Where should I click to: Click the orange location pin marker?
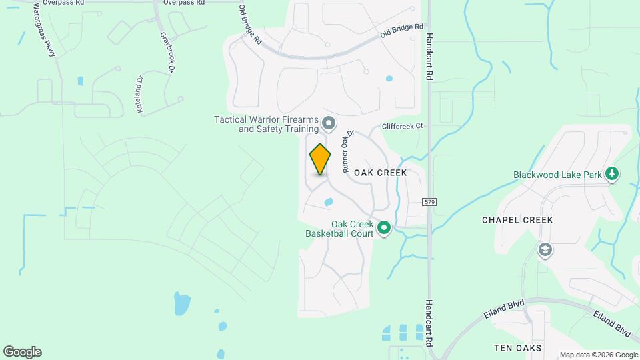pos(320,159)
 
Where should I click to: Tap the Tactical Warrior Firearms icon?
pos(328,123)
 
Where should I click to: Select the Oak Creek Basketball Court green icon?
pos(384,229)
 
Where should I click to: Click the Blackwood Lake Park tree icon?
pos(613,175)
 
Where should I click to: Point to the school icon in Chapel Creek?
pos(545,249)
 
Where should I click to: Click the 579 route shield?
pos(429,201)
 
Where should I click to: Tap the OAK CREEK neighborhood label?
pos(380,173)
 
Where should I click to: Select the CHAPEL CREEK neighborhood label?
pos(517,220)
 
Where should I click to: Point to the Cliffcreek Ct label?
pos(403,126)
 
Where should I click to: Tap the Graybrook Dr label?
pos(166,52)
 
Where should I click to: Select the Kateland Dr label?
pos(141,94)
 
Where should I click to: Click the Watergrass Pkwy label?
pos(44,30)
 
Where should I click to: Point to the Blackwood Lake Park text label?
pos(557,175)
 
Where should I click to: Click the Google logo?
pos(22,352)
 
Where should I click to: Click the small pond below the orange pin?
pos(328,201)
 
